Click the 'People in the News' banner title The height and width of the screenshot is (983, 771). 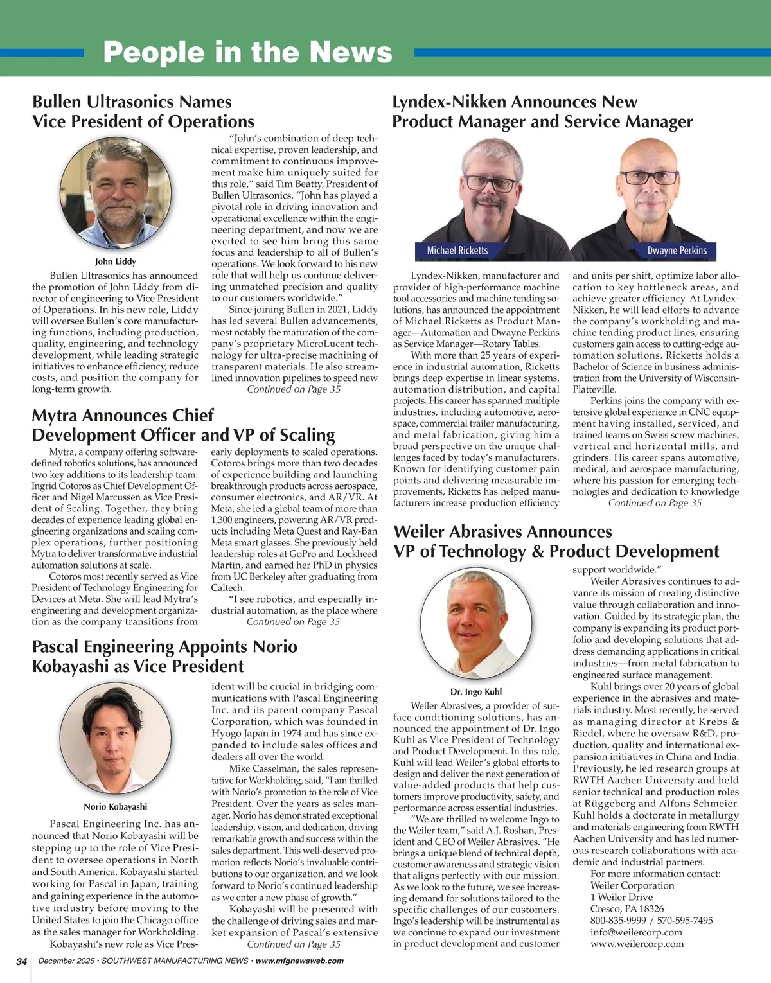coord(247,53)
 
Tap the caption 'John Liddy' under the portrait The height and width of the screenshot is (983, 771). coord(116,261)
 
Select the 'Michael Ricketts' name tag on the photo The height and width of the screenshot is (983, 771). coord(457,251)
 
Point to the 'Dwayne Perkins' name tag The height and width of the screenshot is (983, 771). coord(677,251)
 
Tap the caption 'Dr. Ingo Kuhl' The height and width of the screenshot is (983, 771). coord(476,692)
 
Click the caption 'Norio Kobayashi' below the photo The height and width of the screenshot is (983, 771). coord(116,806)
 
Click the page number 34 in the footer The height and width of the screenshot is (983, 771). coord(22,961)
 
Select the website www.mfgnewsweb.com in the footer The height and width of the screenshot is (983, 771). coord(299,961)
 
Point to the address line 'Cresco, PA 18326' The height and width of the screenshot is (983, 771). coord(627,909)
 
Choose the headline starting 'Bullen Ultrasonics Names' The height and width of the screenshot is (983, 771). coord(132,102)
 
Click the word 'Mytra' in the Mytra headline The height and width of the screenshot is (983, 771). coord(56,416)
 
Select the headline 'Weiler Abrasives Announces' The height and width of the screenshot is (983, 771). coord(502,532)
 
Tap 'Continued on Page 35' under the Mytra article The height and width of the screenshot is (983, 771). coord(294,622)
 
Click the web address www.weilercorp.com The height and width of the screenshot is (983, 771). coord(637,944)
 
